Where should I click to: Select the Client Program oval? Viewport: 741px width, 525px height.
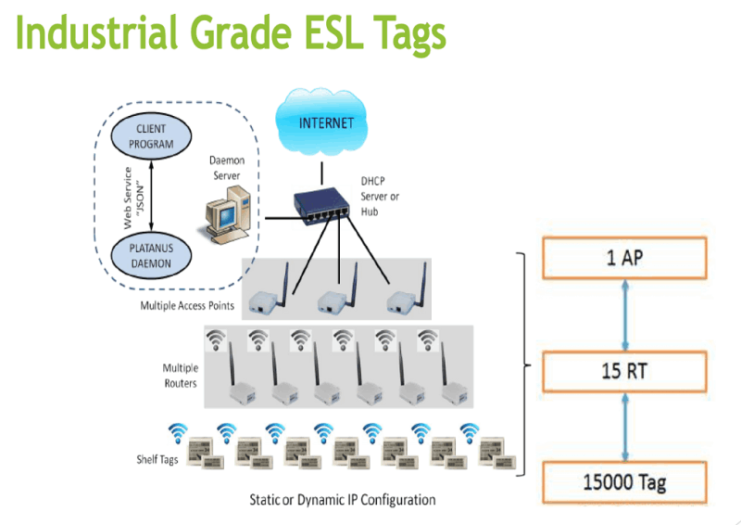[150, 135]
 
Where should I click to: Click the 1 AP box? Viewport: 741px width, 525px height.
[624, 257]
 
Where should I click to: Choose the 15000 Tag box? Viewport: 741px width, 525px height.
[624, 482]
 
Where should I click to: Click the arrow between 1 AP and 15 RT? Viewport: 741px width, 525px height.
[624, 314]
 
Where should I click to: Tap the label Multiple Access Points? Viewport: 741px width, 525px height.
[189, 305]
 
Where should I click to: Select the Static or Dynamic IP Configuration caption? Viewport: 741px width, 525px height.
[342, 500]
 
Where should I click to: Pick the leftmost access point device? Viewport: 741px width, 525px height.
[270, 296]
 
